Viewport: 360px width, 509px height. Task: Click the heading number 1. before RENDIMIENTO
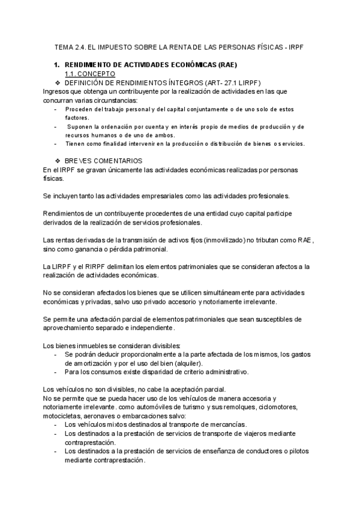58,64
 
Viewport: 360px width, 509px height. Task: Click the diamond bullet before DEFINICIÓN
58,82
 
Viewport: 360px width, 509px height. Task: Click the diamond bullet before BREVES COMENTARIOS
58,161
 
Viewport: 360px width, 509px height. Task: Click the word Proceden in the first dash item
79,109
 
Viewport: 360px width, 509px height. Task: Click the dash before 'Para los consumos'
56,372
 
